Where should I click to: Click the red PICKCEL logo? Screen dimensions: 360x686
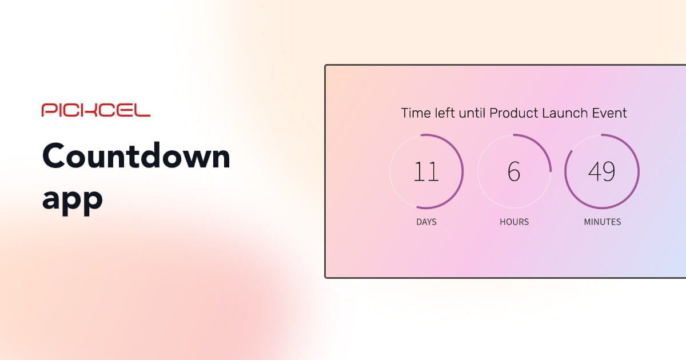[95, 110]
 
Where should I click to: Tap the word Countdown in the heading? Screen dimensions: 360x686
[136, 155]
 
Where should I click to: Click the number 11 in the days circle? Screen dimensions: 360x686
[426, 171]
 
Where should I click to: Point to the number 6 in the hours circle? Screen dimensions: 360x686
[514, 171]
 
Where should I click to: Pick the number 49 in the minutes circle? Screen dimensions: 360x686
[602, 171]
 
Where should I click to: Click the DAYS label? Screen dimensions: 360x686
[426, 222]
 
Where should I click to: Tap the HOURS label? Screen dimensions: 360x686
[514, 222]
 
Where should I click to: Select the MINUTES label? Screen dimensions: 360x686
[602, 222]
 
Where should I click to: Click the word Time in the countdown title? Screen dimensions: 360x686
[415, 113]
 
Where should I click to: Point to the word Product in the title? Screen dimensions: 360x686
[511, 113]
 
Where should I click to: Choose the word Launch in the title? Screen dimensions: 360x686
[563, 113]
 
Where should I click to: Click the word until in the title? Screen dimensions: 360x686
[472, 113]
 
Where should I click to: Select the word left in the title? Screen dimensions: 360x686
[444, 113]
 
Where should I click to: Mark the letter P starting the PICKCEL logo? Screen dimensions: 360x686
[47, 110]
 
